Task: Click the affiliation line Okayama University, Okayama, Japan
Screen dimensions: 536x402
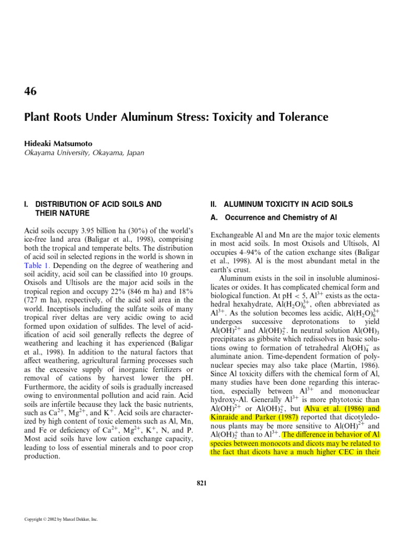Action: tap(84, 152)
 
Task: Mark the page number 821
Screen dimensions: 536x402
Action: tap(201, 483)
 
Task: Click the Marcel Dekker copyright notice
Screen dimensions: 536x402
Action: tap(61, 519)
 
